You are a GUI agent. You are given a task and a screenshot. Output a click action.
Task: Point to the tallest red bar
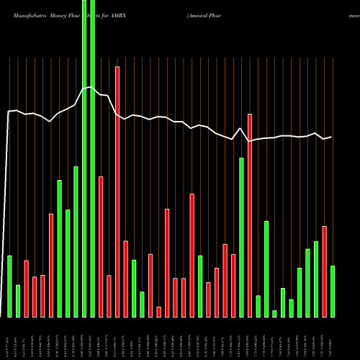[117, 191]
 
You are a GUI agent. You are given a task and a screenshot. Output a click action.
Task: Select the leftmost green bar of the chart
[9, 286]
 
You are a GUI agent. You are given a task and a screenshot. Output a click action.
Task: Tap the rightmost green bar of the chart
[333, 291]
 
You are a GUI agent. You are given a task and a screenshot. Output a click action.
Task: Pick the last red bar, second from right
[324, 271]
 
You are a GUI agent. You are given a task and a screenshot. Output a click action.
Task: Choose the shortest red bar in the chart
[159, 312]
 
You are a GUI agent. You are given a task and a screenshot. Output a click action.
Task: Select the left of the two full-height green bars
[84, 158]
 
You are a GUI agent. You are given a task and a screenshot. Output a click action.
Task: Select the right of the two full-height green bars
[92, 158]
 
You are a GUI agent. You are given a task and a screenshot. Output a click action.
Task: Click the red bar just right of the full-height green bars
[101, 246]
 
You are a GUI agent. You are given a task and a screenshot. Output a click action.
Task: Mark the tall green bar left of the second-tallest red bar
[241, 237]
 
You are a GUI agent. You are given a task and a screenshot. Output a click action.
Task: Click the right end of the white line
[331, 137]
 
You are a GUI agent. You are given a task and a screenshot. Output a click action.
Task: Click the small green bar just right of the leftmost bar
[18, 301]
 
